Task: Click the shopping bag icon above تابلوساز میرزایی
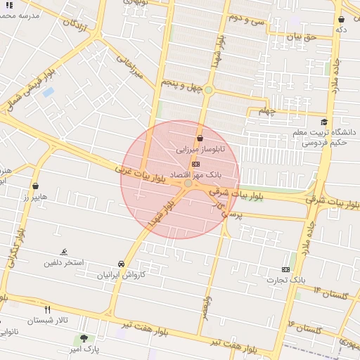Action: click(x=200, y=139)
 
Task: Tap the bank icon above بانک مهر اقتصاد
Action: click(x=195, y=163)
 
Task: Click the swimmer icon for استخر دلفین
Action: click(x=65, y=252)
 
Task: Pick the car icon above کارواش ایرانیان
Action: click(x=122, y=264)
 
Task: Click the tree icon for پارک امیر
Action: click(x=84, y=339)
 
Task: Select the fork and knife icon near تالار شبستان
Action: click(x=48, y=309)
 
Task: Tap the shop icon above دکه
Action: click(x=341, y=20)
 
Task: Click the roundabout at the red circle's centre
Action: click(x=188, y=184)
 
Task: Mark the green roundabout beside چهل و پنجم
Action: click(x=208, y=90)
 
